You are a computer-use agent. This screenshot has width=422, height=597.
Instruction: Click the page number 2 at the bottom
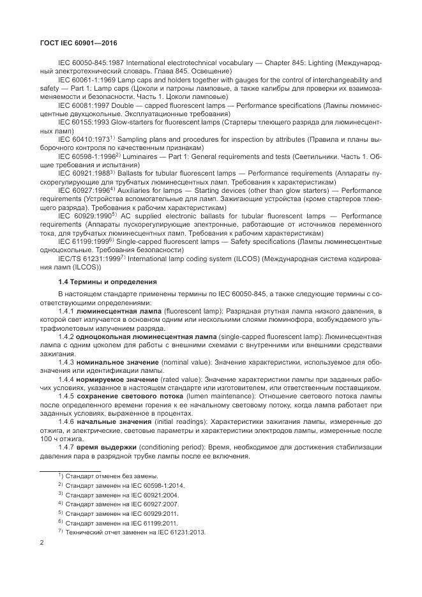click(x=41, y=543)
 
